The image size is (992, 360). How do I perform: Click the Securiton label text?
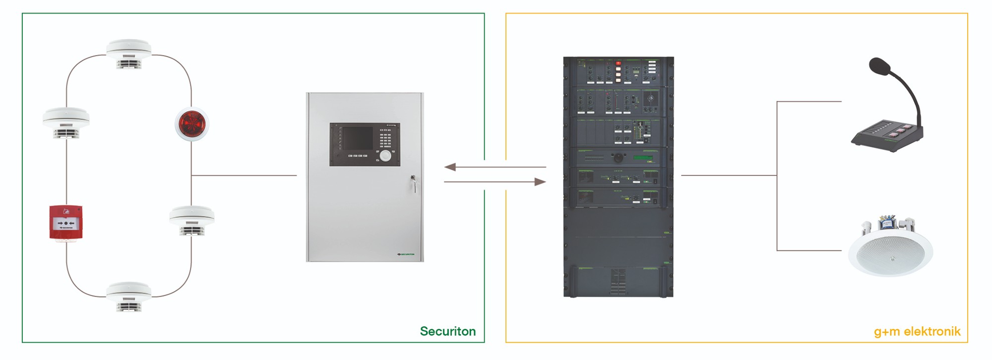447,331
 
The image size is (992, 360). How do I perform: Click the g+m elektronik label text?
917,332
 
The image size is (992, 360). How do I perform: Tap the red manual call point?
66,223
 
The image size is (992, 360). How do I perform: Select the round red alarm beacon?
191,123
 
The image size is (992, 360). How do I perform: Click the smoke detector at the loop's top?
128,54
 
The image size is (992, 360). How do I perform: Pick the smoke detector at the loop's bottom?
128,296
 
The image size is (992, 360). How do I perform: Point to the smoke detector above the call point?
66,122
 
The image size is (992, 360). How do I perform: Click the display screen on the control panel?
358,138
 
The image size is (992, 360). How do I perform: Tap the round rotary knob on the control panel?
385,156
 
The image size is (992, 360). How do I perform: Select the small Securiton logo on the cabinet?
406,254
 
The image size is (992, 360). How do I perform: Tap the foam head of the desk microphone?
880,66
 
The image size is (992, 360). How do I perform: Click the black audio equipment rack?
618,177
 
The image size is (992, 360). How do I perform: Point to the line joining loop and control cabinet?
244,175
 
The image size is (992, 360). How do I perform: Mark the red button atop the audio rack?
618,63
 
